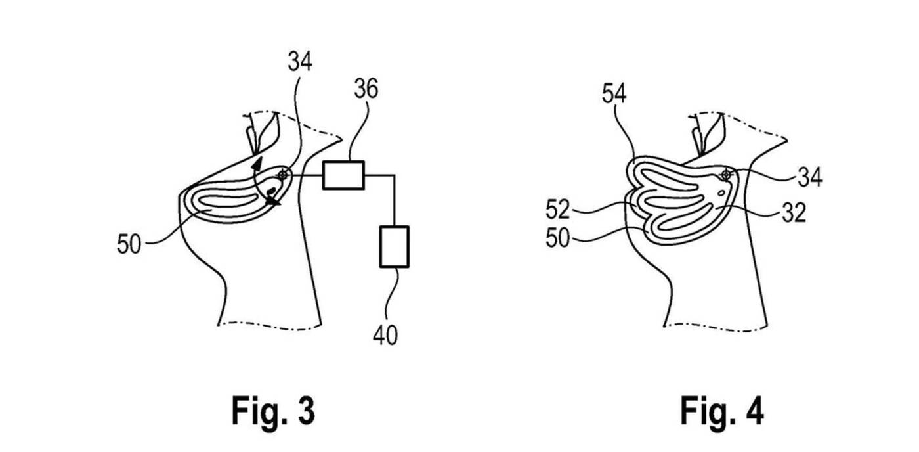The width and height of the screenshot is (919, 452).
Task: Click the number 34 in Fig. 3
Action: point(299,62)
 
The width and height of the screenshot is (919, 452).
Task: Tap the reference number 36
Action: point(365,89)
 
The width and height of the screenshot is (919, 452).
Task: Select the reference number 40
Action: point(385,335)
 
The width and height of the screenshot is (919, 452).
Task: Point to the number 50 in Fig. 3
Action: point(129,244)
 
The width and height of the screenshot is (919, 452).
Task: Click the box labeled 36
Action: point(343,175)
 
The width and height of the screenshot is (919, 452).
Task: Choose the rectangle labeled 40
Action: point(394,246)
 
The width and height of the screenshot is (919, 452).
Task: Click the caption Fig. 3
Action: point(273,411)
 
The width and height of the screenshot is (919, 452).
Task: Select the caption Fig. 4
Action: point(721,411)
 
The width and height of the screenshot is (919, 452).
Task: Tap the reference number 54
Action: point(613,94)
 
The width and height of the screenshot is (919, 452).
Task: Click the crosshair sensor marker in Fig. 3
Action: point(283,175)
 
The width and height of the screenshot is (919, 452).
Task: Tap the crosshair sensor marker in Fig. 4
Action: point(726,175)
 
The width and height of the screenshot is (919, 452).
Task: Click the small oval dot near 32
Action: point(722,193)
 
